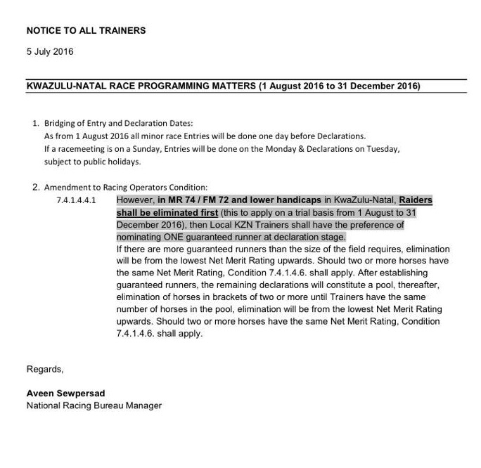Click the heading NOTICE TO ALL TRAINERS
pos(86,31)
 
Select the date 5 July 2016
pos(49,51)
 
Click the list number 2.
pos(36,188)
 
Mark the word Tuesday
pos(383,149)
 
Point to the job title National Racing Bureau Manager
pos(94,405)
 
